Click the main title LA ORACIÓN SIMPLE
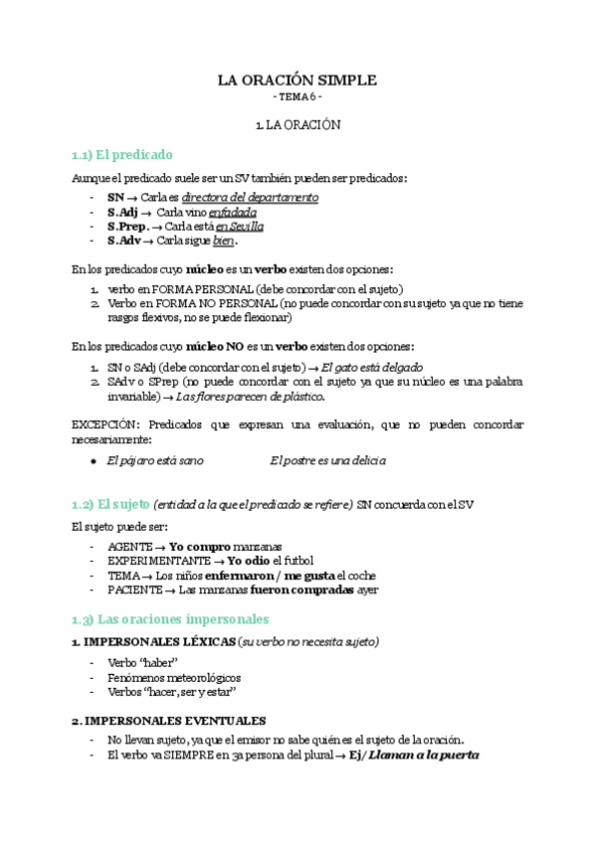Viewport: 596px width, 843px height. coord(298,81)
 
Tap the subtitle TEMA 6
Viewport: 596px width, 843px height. coord(298,98)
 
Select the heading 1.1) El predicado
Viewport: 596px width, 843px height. coord(122,154)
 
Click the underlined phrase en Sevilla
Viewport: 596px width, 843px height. coord(240,227)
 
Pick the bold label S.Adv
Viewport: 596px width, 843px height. coord(124,241)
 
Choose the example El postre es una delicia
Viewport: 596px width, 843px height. coord(327,461)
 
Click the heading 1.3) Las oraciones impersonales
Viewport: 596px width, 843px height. coord(171,618)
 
